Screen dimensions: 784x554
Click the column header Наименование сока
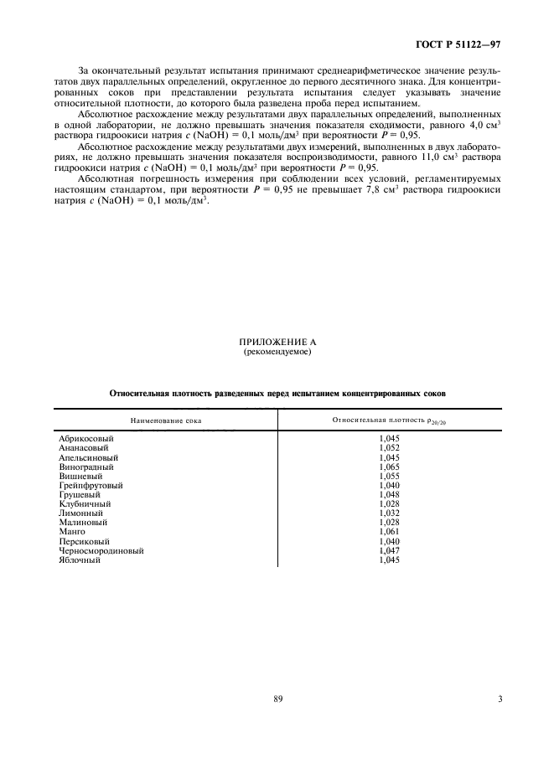pyautogui.click(x=165, y=419)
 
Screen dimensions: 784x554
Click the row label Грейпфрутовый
pyautogui.click(x=91, y=485)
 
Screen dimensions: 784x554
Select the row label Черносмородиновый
pyautogui.click(x=101, y=551)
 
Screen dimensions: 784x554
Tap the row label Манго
pyautogui.click(x=72, y=532)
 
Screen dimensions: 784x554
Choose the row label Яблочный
pyautogui.click(x=80, y=560)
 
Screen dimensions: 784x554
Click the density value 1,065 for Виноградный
pyautogui.click(x=390, y=467)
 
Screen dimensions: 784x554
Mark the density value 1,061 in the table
pyautogui.click(x=390, y=532)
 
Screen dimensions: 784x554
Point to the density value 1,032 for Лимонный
pyautogui.click(x=390, y=513)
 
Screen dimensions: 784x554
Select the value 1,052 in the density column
pyautogui.click(x=390, y=448)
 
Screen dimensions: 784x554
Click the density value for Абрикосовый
pyautogui.click(x=390, y=439)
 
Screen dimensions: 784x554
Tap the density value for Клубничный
pyautogui.click(x=390, y=504)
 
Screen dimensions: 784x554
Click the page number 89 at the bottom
pyautogui.click(x=277, y=700)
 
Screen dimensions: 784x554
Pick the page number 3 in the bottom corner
pyautogui.click(x=500, y=700)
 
